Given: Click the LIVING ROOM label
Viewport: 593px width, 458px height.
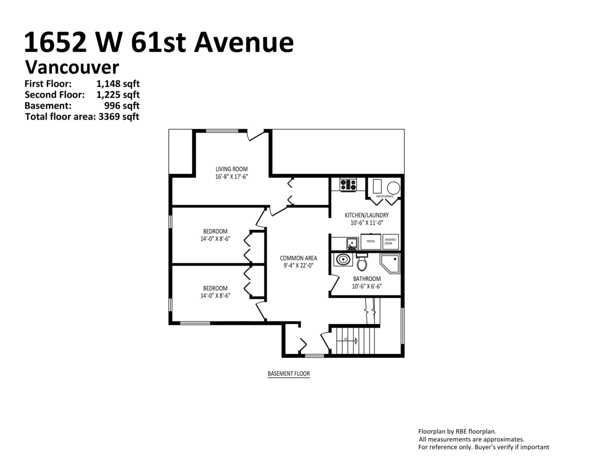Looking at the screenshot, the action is point(231,169).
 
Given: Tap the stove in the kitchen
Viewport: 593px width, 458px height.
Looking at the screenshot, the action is point(348,185).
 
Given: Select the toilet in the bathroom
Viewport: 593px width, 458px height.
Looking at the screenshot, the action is point(362,262).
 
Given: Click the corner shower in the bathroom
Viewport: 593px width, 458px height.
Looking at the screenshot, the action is point(390,264).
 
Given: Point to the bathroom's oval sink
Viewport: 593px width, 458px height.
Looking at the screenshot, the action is point(343,259).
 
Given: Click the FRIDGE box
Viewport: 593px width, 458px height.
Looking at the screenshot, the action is point(371,242).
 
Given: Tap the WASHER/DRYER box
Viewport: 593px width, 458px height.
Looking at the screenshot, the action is point(390,242).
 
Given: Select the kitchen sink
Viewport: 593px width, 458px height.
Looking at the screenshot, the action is point(352,243).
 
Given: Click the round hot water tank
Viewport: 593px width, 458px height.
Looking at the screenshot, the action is point(393,188).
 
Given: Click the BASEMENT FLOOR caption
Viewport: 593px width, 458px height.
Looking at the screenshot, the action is point(289,374).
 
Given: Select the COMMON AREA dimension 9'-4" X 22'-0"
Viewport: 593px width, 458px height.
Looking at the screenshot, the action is point(298,265).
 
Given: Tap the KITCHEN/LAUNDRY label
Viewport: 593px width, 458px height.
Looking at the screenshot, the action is point(367,215).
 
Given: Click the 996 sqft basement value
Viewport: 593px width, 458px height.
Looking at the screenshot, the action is point(122,105).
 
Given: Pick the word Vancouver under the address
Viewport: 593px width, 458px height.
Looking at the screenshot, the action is point(72,67).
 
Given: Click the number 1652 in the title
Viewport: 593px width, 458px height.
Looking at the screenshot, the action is point(55,42).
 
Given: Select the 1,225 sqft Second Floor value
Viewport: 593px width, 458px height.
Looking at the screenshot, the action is point(118,95).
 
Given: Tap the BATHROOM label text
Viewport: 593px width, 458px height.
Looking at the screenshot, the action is point(367,279).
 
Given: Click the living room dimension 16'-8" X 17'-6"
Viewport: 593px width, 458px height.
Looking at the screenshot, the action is point(231,176).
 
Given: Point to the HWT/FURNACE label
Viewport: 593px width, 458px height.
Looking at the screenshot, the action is point(385,197).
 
